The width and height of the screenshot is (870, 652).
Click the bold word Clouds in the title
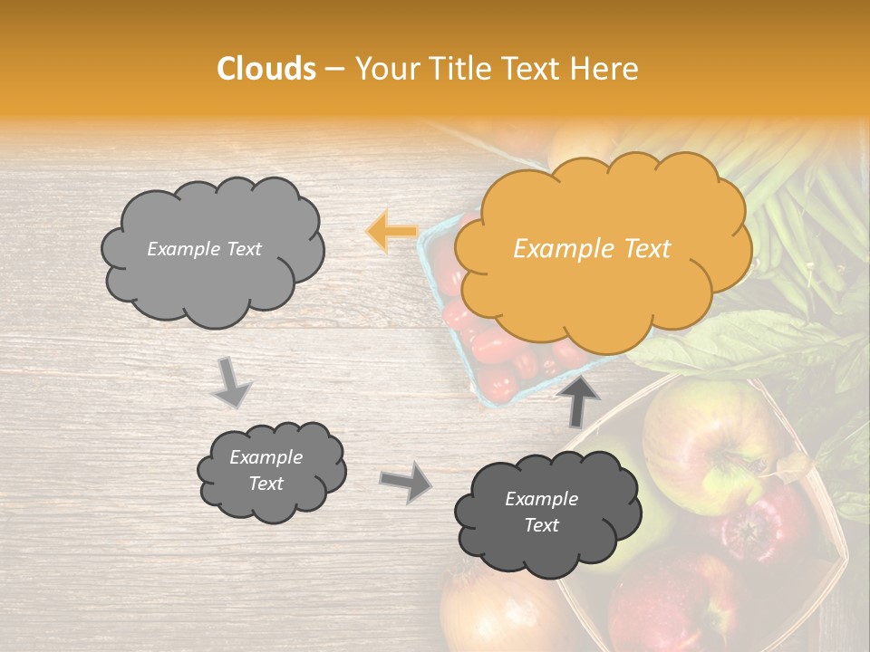[x=266, y=69]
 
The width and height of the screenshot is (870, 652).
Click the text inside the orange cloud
[x=592, y=249]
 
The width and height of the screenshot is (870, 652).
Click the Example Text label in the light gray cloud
[x=204, y=249]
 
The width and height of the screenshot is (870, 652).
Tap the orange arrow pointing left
[x=391, y=231]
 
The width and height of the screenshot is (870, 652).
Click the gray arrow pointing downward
[x=232, y=382]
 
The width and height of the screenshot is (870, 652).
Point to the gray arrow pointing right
[x=406, y=482]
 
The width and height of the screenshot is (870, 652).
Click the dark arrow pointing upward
[x=581, y=398]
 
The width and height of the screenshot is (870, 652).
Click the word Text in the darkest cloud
[x=541, y=525]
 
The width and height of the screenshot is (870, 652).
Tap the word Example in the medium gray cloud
[x=266, y=457]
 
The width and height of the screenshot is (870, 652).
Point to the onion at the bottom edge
[x=489, y=616]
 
